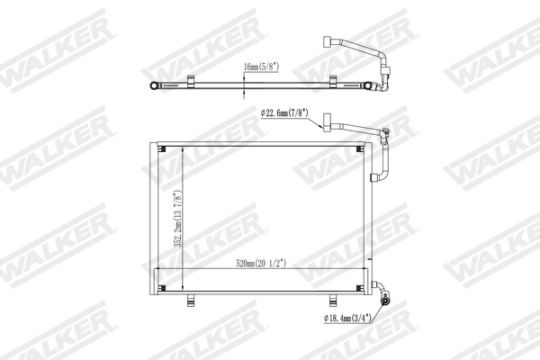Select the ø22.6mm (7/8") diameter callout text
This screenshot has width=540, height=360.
tap(283, 113)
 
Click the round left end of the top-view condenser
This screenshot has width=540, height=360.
tap(157, 85)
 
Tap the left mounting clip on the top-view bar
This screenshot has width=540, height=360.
tap(192, 85)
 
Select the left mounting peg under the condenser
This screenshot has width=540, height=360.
tap(189, 299)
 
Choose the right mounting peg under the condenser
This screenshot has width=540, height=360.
tap(335, 299)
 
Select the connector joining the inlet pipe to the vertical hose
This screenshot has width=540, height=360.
tap(386, 138)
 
